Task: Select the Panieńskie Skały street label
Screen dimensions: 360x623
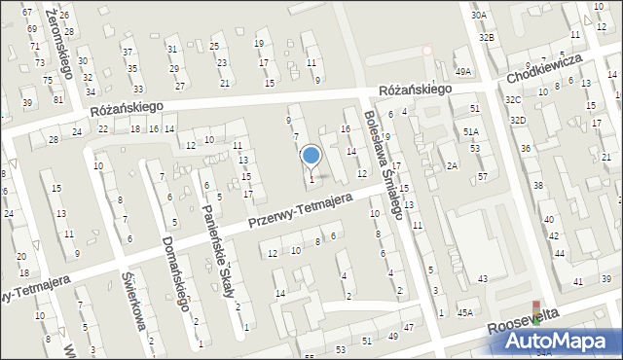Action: (218, 254)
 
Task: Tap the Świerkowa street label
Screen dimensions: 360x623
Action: (133, 301)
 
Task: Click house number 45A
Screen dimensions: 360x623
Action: (466, 312)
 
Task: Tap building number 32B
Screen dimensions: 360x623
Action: (486, 37)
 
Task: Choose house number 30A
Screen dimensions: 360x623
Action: (478, 16)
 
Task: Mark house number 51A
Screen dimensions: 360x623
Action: (471, 131)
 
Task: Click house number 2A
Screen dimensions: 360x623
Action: (452, 165)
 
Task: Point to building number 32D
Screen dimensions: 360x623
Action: (518, 120)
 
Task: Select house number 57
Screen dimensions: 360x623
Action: (483, 176)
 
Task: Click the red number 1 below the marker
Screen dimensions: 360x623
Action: (311, 179)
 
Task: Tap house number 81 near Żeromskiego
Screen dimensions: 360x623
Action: (58, 99)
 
